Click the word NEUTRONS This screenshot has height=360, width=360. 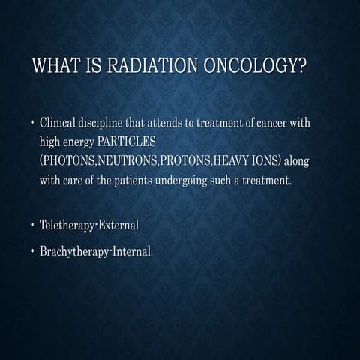pyautogui.click(x=126, y=160)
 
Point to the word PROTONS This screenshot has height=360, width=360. pyautogui.click(x=187, y=160)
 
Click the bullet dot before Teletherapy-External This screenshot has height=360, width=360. pyautogui.click(x=32, y=225)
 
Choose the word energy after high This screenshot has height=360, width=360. pyautogui.click(x=79, y=142)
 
